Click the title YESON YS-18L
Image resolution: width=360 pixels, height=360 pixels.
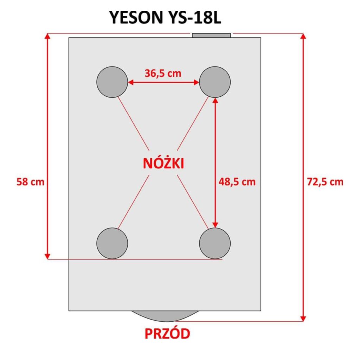[165, 18]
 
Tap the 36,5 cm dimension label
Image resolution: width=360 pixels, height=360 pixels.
[163, 73]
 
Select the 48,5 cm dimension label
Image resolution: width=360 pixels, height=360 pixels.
[237, 182]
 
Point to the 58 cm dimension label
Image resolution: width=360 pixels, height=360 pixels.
[30, 182]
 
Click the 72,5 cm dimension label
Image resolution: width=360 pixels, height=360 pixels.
[325, 182]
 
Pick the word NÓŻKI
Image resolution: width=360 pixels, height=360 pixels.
[163, 163]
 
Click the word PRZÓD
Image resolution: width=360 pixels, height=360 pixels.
[167, 334]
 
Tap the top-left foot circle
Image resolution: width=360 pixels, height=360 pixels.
[112, 82]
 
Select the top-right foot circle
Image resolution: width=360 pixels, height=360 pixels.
[215, 82]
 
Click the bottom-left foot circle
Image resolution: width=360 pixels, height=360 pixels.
[112, 243]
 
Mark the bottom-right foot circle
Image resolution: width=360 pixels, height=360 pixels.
[215, 243]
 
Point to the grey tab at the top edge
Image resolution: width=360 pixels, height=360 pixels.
[211, 36]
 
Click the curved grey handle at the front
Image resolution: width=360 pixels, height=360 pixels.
[165, 316]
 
